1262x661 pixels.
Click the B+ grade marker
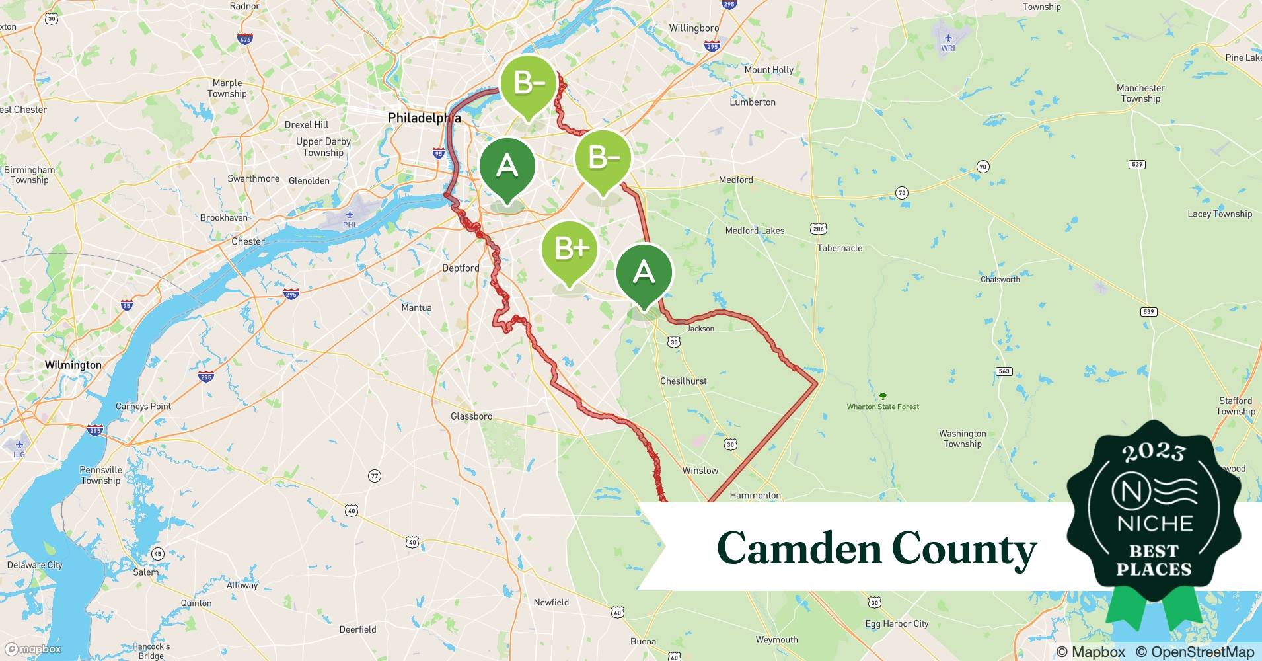[569, 249]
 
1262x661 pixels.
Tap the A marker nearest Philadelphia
[507, 165]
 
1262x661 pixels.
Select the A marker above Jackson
[644, 272]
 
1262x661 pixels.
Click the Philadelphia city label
[424, 118]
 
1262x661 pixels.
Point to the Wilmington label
[73, 365]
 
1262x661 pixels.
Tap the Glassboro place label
[471, 416]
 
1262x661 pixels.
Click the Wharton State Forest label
[883, 407]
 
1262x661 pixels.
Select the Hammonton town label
[755, 495]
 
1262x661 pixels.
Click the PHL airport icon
[350, 215]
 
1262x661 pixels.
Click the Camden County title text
[876, 549]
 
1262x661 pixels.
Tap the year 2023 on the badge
[1153, 452]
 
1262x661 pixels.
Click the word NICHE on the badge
[1154, 524]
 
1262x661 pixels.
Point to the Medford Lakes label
[755, 231]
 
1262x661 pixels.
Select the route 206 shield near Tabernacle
[818, 229]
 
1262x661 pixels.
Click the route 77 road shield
[375, 476]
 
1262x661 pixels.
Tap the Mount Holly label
[768, 70]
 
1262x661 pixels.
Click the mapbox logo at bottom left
[33, 650]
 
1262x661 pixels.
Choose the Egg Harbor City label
[897, 623]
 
